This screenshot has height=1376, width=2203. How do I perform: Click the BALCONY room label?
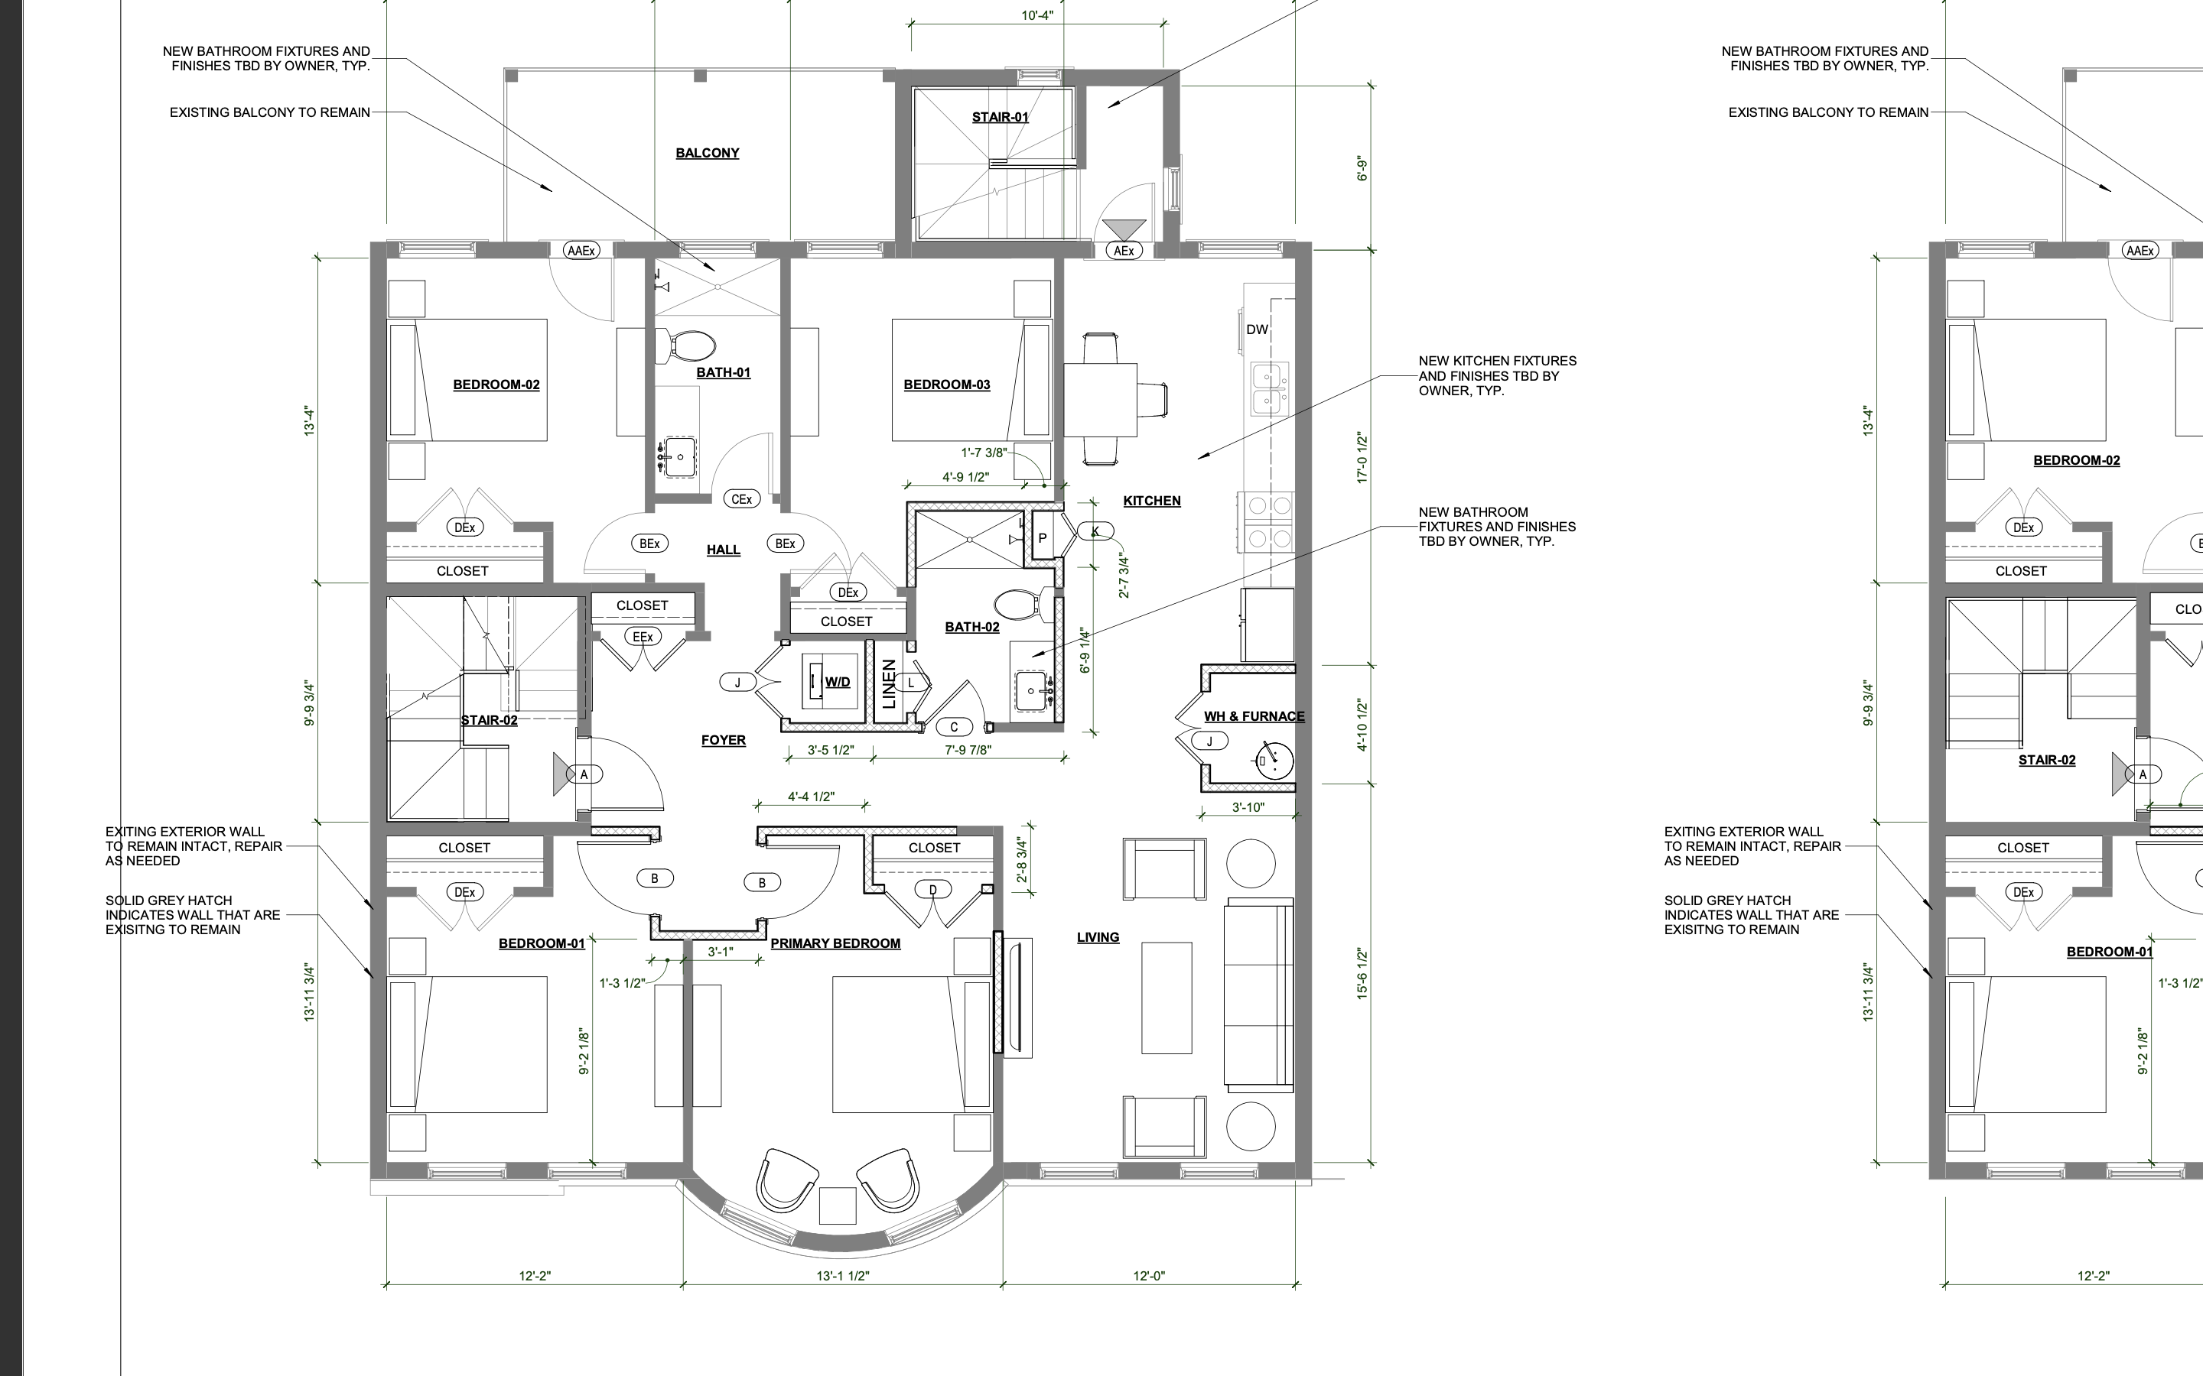(707, 153)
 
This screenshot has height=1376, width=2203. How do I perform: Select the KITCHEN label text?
(1151, 501)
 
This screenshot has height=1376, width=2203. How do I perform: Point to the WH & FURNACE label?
(1254, 716)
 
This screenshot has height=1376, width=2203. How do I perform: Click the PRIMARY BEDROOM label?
(835, 944)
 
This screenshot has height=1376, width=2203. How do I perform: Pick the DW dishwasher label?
(1258, 329)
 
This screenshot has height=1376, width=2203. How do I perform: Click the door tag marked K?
(1095, 531)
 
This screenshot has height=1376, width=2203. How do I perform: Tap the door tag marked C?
(954, 727)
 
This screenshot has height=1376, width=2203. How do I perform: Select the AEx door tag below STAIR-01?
(1124, 250)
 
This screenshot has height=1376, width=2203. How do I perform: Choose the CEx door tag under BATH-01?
(742, 498)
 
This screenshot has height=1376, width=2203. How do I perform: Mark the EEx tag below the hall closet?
(643, 637)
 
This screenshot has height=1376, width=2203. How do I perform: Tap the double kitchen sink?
(1269, 388)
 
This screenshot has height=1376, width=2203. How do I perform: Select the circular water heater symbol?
(1274, 760)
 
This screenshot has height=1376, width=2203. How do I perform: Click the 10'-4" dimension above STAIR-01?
(1037, 15)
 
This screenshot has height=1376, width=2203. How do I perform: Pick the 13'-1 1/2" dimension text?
(842, 1276)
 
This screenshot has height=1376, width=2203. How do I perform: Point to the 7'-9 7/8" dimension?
(968, 750)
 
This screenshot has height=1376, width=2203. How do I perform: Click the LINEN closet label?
(890, 684)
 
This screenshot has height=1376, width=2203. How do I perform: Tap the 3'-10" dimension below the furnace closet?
(1248, 807)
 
